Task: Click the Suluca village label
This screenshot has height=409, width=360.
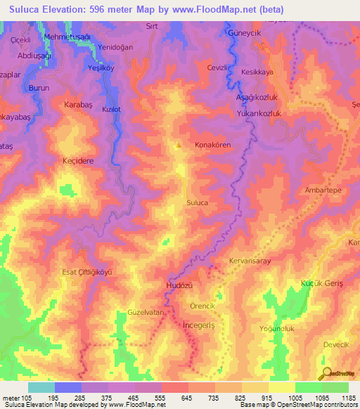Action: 197,202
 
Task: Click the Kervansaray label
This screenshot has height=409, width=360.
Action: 250,261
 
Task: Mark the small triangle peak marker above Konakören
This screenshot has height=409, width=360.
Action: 179,147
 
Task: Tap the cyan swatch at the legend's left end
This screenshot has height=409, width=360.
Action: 41,387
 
